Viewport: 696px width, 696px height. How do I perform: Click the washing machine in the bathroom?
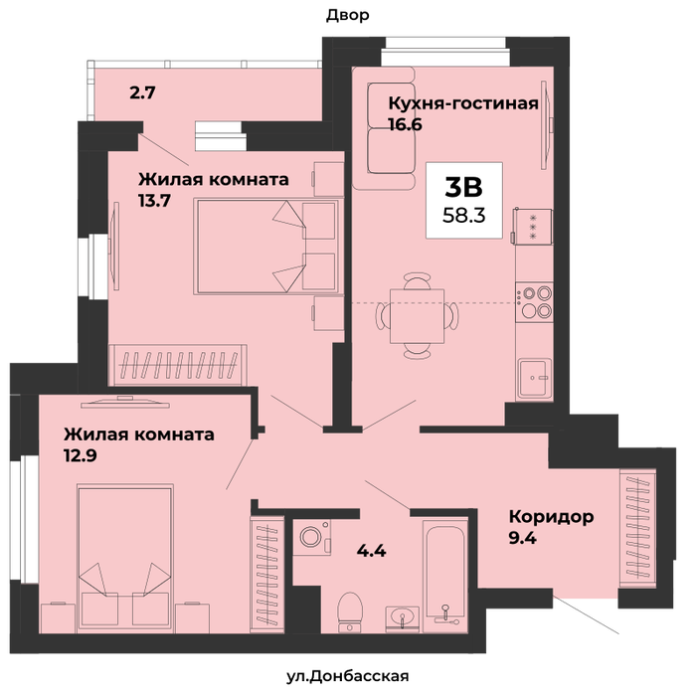311,537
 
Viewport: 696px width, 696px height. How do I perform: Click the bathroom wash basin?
402,618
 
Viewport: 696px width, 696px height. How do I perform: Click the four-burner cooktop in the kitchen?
535,302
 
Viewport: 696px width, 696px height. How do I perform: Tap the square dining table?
417,316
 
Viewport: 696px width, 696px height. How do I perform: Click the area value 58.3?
464,216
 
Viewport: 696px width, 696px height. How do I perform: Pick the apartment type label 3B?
463,187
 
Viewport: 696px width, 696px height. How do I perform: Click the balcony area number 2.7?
142,92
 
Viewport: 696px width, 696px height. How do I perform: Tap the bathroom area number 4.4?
372,551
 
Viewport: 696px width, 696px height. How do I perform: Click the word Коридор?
551,517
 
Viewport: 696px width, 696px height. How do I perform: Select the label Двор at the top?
348,16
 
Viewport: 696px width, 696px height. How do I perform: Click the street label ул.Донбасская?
348,676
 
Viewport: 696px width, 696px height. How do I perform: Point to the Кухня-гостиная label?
463,103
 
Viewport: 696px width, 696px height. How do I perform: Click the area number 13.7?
154,201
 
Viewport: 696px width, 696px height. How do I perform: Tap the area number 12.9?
81,455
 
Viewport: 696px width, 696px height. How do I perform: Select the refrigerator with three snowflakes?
532,227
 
